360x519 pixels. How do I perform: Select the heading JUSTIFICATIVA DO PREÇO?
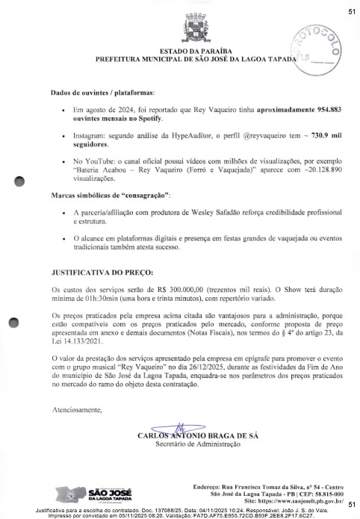point(102,273)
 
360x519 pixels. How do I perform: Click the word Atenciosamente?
point(78,410)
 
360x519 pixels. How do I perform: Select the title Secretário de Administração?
point(198,444)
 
